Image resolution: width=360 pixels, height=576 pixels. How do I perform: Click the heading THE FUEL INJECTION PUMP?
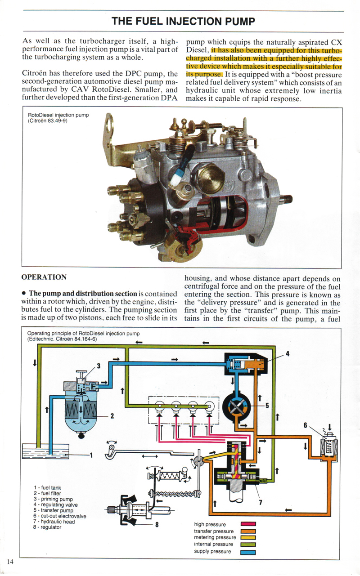(x=183, y=22)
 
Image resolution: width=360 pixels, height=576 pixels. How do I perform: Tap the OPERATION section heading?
(x=44, y=277)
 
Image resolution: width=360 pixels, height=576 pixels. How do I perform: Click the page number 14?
(x=10, y=562)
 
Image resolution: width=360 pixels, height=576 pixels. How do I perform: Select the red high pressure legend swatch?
(x=248, y=524)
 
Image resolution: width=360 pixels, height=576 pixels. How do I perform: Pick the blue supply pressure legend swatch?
(x=248, y=551)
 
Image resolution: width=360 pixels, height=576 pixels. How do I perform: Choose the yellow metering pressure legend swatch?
(x=248, y=537)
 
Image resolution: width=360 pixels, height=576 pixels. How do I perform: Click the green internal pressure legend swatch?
(x=248, y=545)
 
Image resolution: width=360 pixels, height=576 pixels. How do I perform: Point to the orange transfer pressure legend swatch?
(x=248, y=531)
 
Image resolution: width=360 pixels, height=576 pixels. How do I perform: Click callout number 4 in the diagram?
(x=287, y=353)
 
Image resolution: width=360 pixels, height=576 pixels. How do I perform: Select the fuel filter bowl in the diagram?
(x=82, y=416)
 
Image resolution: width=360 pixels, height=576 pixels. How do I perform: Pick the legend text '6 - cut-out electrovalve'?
(x=59, y=516)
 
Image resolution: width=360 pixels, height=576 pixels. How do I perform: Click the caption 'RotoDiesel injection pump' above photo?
(x=58, y=115)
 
